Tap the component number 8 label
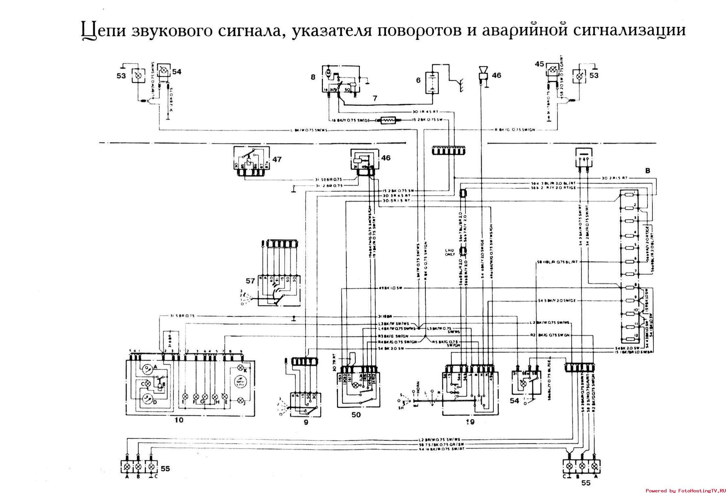tap(313, 77)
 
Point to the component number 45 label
tap(540, 64)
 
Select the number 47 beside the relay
tap(277, 160)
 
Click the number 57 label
tap(251, 281)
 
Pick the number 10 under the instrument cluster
tap(180, 420)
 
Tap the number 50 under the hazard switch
tap(356, 415)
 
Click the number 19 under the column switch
tap(470, 421)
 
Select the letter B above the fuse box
tap(647, 171)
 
